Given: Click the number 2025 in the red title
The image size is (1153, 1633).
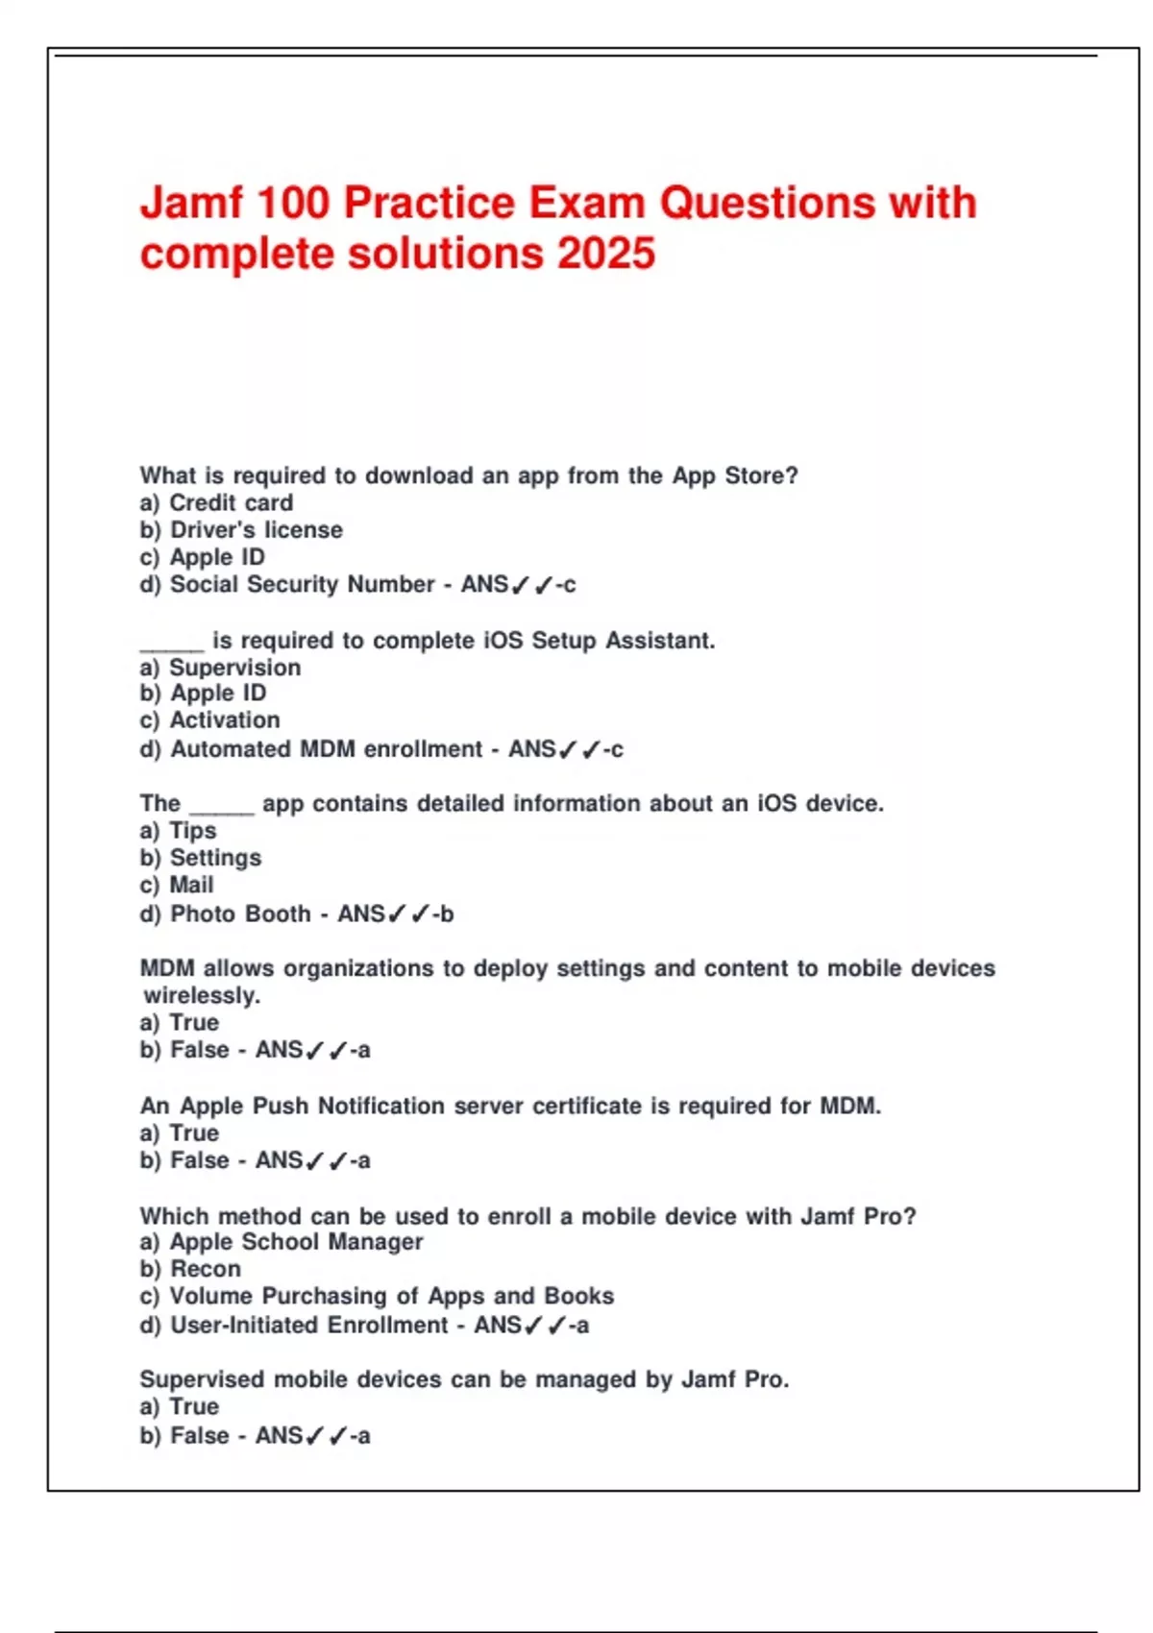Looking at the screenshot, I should click(606, 255).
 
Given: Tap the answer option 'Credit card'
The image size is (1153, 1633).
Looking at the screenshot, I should click(231, 502).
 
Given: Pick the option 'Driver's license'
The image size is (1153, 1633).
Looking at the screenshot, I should click(256, 529).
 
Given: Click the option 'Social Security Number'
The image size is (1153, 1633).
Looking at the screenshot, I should click(302, 584).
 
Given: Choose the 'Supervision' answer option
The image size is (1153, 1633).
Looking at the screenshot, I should click(234, 668).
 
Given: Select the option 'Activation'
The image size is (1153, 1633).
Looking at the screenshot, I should click(225, 720).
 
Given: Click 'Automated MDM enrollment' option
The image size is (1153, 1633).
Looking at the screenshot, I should click(326, 749).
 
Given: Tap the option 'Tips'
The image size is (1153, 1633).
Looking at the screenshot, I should click(192, 831).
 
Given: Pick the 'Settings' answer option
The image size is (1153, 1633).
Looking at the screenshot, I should click(215, 858).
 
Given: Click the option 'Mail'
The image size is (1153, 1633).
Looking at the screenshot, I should click(191, 885).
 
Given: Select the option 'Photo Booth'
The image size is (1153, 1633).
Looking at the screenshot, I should click(240, 914).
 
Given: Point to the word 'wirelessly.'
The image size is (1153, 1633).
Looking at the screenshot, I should click(202, 995).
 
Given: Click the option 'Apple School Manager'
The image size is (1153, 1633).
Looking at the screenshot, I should click(296, 1242).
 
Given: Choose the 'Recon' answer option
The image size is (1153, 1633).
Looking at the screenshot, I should click(206, 1269).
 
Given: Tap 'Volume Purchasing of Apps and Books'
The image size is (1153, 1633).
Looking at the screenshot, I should click(391, 1296).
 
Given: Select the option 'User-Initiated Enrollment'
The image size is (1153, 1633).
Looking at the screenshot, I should click(308, 1326).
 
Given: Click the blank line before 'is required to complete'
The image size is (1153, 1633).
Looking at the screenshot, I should click(172, 647).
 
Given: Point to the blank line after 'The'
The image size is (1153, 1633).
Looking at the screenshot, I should click(222, 811).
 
